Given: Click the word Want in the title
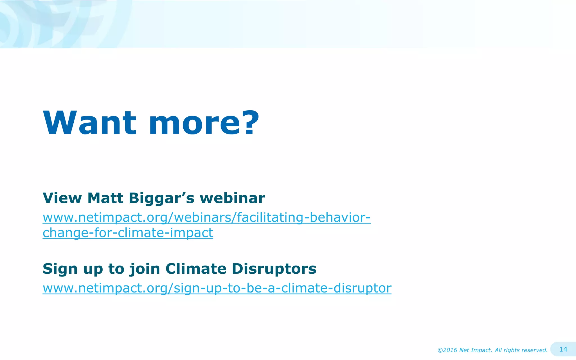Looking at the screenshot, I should [x=89, y=123].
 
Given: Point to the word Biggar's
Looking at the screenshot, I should [x=161, y=198].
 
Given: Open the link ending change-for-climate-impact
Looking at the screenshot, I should [x=128, y=233].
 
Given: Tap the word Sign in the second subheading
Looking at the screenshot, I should [x=60, y=269].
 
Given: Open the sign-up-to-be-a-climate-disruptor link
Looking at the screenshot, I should [x=217, y=288].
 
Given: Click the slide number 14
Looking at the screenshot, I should [x=563, y=349].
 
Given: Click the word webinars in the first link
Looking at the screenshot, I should [x=202, y=218].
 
